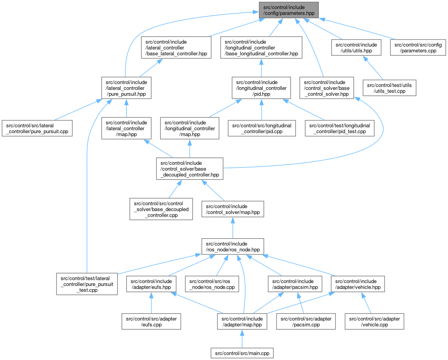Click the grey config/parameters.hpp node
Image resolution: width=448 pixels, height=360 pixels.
289,10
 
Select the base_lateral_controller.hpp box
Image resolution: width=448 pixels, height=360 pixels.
176,48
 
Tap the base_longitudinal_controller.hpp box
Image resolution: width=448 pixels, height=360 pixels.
261,48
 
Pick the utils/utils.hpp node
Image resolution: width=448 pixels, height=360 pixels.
356,48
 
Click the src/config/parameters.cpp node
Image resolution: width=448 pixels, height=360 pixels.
418,48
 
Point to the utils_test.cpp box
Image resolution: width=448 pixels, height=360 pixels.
389,88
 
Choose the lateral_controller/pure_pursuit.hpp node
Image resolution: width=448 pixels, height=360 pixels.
126,88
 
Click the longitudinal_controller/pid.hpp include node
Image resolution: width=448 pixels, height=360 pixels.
262,88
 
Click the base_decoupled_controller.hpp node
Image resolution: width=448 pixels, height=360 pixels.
190,168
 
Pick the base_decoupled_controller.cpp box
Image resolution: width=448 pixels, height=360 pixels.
161,209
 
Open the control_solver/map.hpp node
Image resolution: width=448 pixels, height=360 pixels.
233,209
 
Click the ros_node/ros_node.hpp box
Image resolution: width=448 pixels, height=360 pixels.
233,246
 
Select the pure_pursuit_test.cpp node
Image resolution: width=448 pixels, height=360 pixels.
87,284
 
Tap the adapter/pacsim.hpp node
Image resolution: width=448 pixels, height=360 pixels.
295,284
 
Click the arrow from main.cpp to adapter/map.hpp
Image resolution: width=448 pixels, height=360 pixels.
242,338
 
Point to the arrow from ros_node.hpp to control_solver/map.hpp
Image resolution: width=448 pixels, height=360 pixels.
233,228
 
